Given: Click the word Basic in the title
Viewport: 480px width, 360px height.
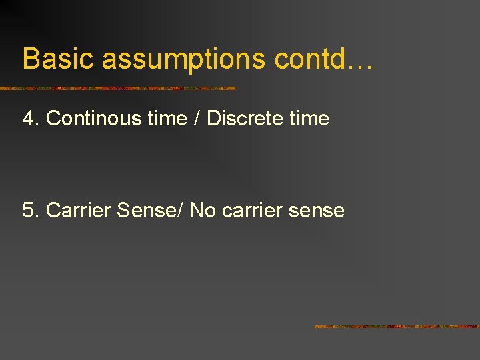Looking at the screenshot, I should [59, 59].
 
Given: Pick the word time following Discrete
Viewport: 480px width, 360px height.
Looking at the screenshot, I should [310, 119].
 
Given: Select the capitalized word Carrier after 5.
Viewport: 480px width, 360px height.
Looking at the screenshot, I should [79, 211].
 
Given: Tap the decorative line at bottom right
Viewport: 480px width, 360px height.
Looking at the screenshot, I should [396, 327].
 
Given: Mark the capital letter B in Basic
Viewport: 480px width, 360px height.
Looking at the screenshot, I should [30, 59].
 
